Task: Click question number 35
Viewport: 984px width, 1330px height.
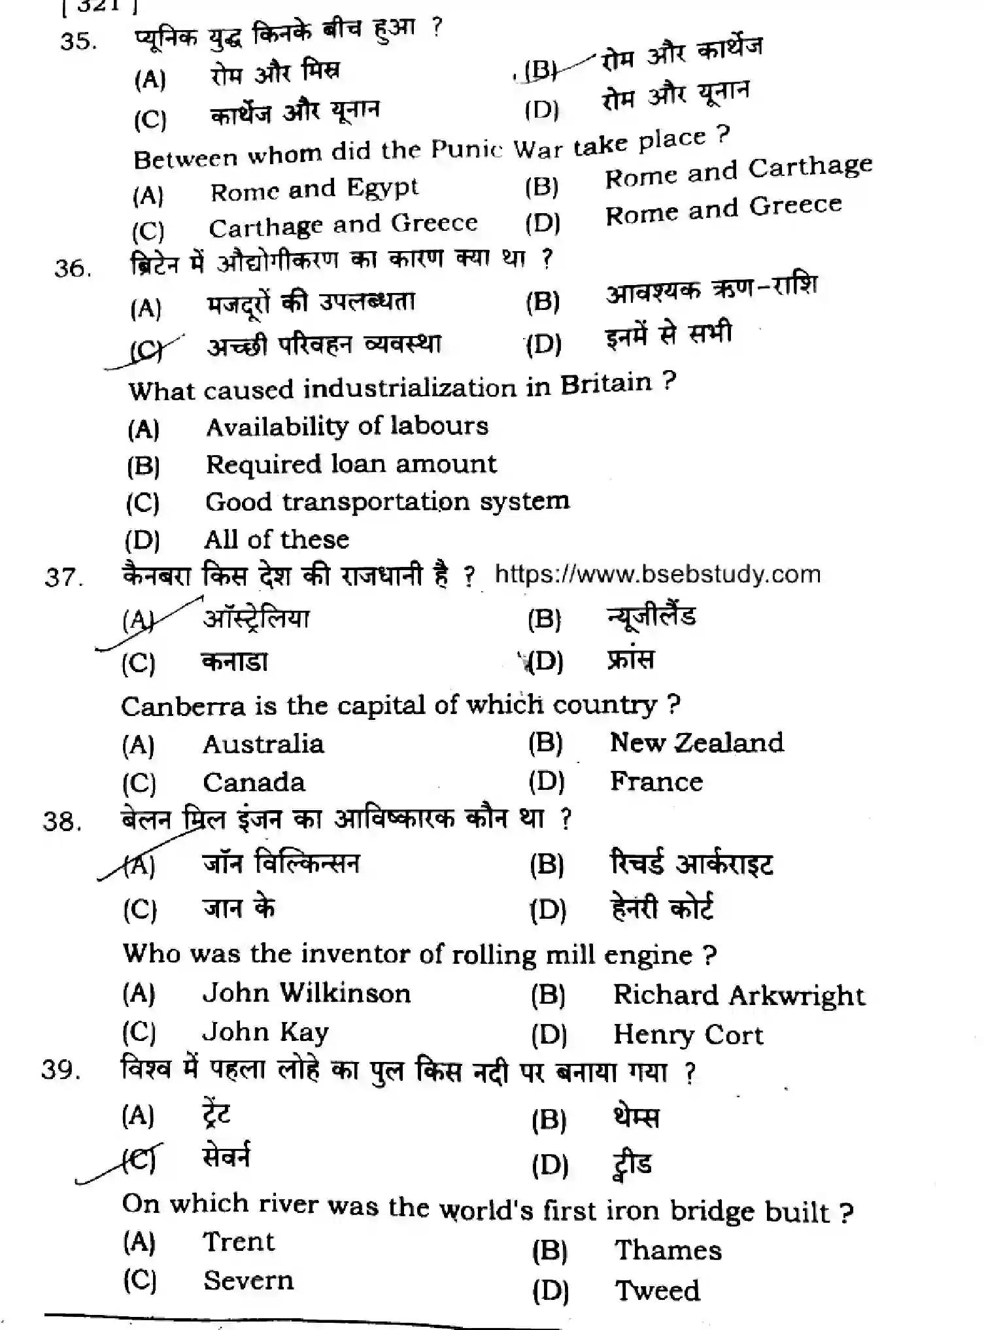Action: [x=78, y=41]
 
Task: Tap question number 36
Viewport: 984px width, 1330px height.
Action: [x=73, y=268]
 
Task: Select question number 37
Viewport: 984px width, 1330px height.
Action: [x=63, y=577]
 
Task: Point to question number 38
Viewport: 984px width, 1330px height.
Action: [x=62, y=821]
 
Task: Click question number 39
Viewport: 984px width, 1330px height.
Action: [x=61, y=1070]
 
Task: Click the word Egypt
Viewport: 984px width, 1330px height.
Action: [x=382, y=188]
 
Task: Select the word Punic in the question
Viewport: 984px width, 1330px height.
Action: [x=466, y=150]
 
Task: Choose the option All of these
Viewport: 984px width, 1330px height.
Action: [x=276, y=540]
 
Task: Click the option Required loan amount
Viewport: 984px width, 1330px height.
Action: [x=351, y=464]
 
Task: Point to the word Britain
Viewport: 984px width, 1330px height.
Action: [x=606, y=384]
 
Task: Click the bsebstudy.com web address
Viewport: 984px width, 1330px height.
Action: [x=657, y=574]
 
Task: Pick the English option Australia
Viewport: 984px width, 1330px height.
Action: [x=263, y=744]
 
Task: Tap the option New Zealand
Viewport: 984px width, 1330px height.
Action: [x=696, y=743]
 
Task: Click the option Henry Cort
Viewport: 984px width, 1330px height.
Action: [x=688, y=1035]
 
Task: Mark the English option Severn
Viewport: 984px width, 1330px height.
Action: [x=248, y=1280]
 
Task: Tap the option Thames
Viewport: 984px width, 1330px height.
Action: [x=668, y=1250]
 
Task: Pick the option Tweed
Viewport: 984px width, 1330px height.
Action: [x=657, y=1291]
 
